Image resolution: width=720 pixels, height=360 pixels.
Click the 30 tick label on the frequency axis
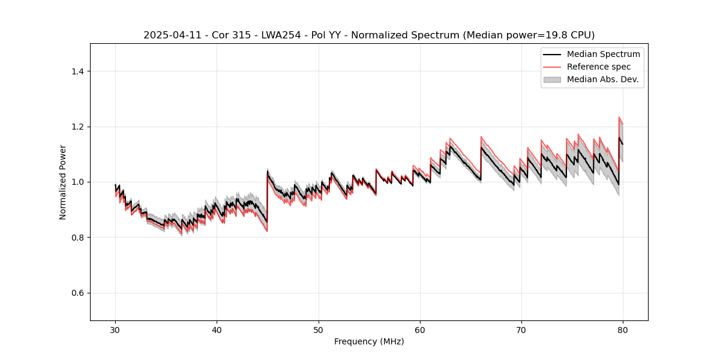(x=115, y=329)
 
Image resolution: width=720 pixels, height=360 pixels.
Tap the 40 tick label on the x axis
(x=217, y=329)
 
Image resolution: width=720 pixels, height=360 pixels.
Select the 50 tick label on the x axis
(x=319, y=329)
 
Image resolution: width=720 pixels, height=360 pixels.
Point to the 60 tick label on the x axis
(x=420, y=329)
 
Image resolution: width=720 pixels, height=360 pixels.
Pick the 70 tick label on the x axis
(x=521, y=329)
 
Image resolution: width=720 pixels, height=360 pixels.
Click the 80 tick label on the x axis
(x=623, y=329)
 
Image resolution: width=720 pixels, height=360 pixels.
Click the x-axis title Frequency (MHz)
(x=369, y=341)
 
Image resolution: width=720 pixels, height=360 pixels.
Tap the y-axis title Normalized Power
(x=63, y=182)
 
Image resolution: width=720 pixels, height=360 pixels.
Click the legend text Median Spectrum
(x=603, y=54)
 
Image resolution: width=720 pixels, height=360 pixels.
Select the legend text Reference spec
(x=599, y=67)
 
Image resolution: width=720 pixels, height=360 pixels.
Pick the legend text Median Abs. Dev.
(x=602, y=79)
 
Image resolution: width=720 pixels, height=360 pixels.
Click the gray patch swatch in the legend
(x=552, y=79)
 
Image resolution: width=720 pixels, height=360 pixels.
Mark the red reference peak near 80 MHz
(x=619, y=118)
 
